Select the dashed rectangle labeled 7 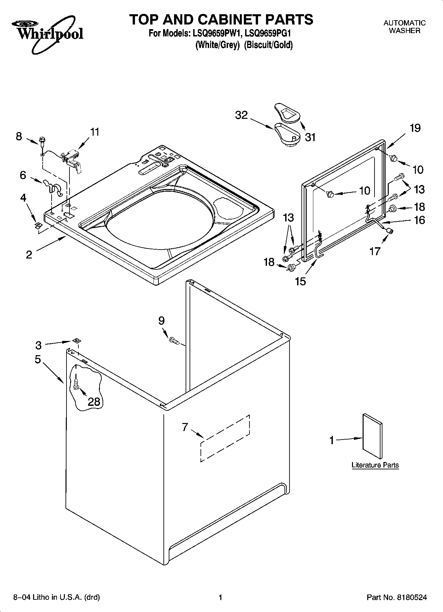[x=225, y=437]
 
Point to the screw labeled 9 [x=174, y=341]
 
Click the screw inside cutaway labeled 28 [x=76, y=384]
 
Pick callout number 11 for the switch [x=95, y=132]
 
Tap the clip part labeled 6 [x=53, y=187]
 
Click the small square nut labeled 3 [x=76, y=341]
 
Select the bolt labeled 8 [x=42, y=142]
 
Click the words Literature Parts [x=375, y=465]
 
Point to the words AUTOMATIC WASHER [x=404, y=27]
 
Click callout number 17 [x=375, y=252]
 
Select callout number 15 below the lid [x=300, y=281]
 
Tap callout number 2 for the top [x=29, y=255]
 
